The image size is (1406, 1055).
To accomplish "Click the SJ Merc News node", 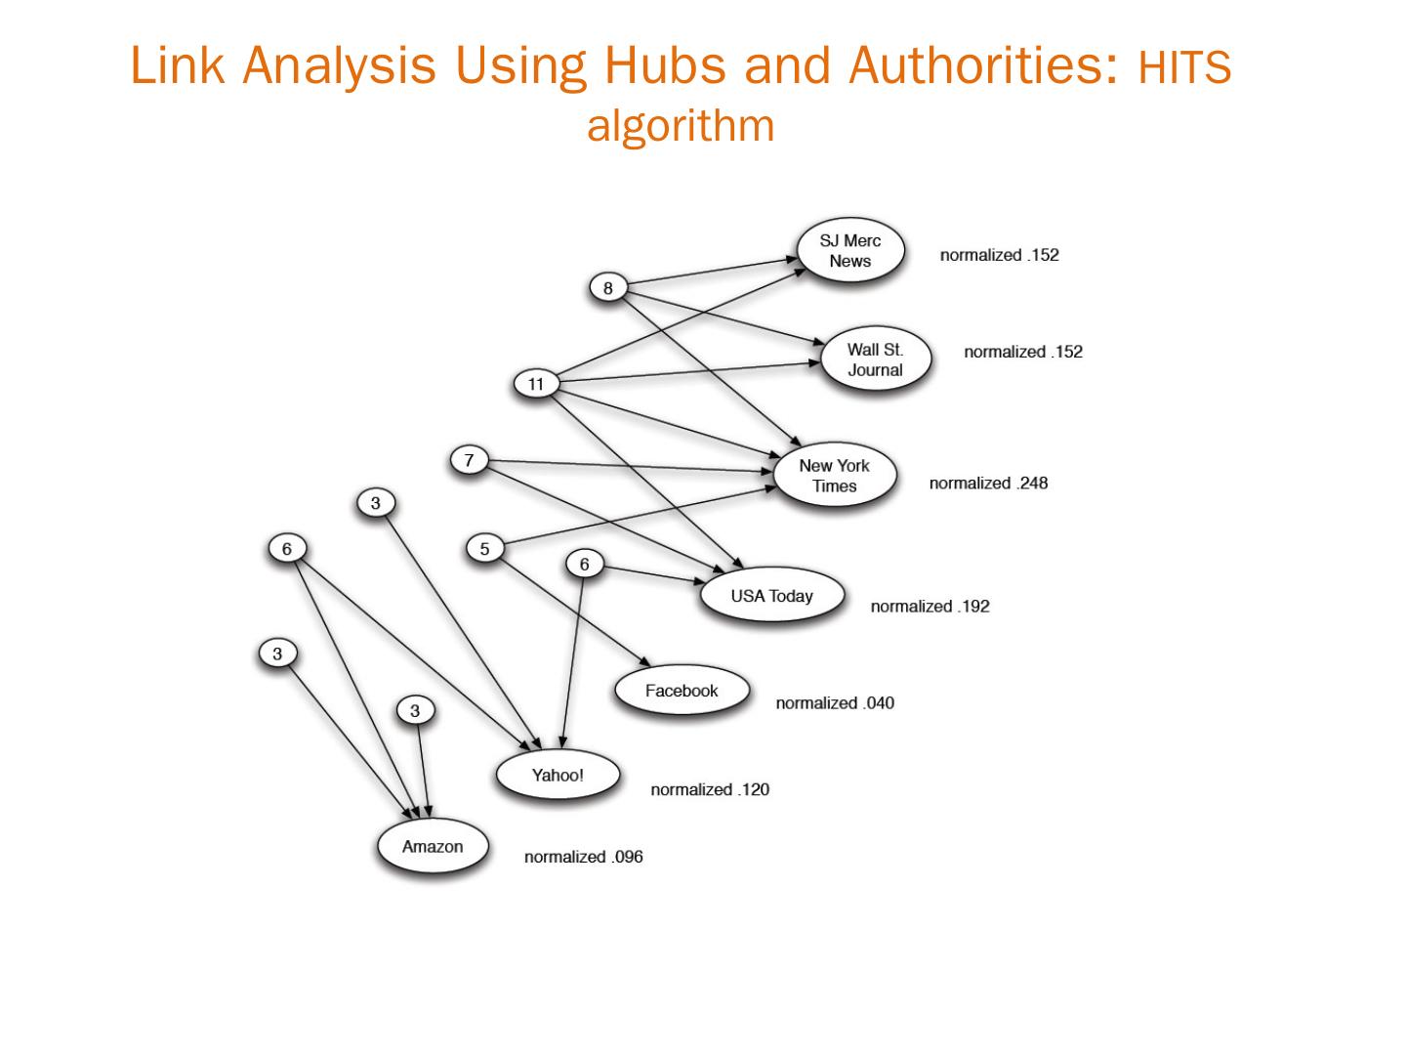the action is pyautogui.click(x=849, y=251).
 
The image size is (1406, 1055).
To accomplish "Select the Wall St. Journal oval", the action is pyautogui.click(x=875, y=359).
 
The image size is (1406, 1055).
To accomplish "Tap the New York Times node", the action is pyautogui.click(x=834, y=476).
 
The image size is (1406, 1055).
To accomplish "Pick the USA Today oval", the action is pyautogui.click(x=771, y=596).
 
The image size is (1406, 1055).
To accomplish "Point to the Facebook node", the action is pyautogui.click(x=682, y=691).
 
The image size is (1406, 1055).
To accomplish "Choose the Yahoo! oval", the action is pyautogui.click(x=558, y=776).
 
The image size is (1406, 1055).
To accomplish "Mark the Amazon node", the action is pyautogui.click(x=433, y=846).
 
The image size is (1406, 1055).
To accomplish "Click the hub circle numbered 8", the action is pyautogui.click(x=608, y=288).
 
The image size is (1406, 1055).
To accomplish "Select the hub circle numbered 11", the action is pyautogui.click(x=535, y=384).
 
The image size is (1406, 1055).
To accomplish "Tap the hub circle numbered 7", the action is pyautogui.click(x=469, y=460).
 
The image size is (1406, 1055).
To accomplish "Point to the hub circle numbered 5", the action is pyautogui.click(x=484, y=549).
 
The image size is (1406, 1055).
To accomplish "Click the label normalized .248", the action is pyautogui.click(x=988, y=484).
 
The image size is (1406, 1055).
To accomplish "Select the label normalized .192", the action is pyautogui.click(x=930, y=607).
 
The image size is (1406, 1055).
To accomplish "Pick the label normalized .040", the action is pyautogui.click(x=835, y=703).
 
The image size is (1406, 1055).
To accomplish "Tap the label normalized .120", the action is pyautogui.click(x=710, y=789).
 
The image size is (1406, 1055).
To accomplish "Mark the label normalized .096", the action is pyautogui.click(x=583, y=857).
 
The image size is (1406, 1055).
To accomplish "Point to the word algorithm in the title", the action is pyautogui.click(x=681, y=125).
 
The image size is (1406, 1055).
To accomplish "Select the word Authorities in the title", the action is pyautogui.click(x=982, y=66).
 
